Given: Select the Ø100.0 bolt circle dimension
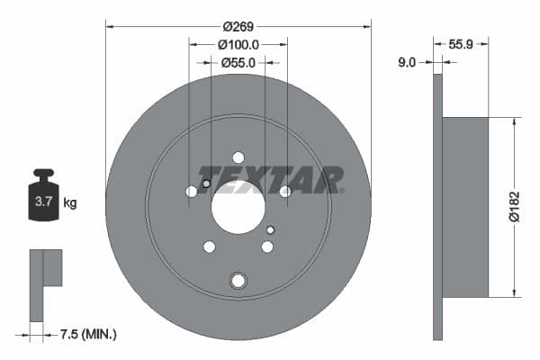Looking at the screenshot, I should [238, 44].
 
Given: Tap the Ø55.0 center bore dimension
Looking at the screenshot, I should [238, 62].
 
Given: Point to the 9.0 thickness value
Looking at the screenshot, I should [407, 62].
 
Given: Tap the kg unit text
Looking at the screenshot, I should [70, 203].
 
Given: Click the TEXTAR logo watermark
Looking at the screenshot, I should [270, 178].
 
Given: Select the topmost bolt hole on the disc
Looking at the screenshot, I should [238, 157].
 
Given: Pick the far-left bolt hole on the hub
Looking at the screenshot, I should [192, 192].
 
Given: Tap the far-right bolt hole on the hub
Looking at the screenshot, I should [285, 192].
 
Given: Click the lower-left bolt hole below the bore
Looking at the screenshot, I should [210, 247].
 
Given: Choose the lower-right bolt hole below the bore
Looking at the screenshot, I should [267, 247].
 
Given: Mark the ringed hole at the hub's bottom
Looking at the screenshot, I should [238, 280].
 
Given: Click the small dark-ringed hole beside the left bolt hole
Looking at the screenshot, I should [206, 184].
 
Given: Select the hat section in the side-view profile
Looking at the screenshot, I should [465, 206].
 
